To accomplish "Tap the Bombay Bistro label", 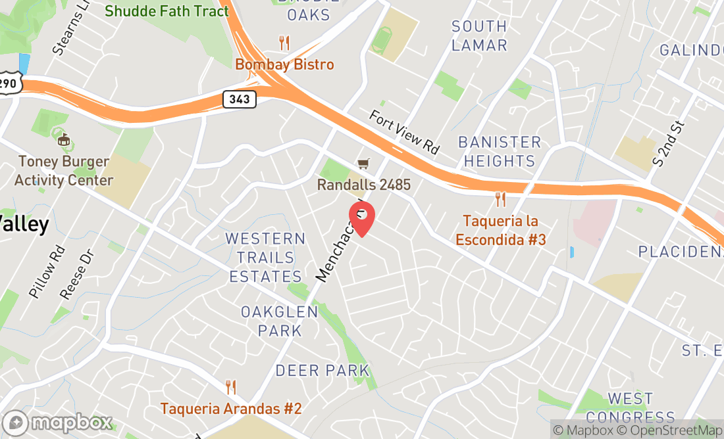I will [284, 64].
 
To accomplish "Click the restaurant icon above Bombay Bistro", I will [284, 43].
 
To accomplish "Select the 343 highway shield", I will [240, 99].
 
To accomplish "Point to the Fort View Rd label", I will [403, 132].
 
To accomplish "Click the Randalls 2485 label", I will [363, 185].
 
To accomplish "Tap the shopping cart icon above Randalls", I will [363, 163].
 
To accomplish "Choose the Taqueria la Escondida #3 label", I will [504, 230].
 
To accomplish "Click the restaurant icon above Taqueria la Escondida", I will [501, 198].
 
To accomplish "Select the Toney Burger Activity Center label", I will [64, 170].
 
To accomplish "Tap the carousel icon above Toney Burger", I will [64, 139].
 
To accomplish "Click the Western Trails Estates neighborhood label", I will [265, 257].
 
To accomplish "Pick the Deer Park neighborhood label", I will [323, 371].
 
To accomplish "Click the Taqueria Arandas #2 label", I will [230, 408].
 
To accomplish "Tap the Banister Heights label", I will [500, 151].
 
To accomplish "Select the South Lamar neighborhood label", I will [479, 35].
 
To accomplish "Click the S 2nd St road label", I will [669, 143].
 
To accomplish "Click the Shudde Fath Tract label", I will [167, 11].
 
